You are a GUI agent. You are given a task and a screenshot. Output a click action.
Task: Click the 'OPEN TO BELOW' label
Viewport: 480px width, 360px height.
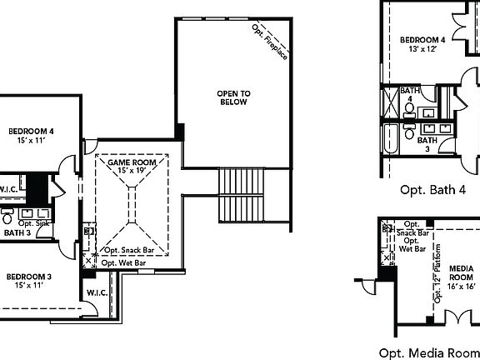(x=234, y=97)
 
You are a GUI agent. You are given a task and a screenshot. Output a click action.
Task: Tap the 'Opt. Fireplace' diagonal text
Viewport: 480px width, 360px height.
(x=269, y=42)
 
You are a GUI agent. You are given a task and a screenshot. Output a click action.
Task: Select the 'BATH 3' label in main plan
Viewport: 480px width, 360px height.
(x=17, y=233)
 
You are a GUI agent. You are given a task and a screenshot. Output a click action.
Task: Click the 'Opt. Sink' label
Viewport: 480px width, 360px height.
(x=34, y=223)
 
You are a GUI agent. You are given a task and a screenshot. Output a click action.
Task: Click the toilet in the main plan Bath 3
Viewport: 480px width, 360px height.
(x=7, y=220)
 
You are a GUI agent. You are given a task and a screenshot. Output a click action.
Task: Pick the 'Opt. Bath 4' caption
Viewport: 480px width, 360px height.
(x=432, y=190)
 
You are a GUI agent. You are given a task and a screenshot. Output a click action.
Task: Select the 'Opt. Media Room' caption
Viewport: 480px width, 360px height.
(x=428, y=352)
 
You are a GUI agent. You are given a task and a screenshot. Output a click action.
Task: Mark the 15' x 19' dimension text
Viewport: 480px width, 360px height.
(x=132, y=171)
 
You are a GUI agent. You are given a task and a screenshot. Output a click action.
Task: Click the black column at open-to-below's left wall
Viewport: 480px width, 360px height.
(x=179, y=132)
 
